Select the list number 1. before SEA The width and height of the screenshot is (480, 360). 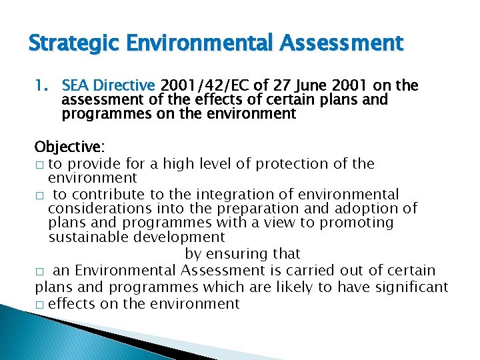pyautogui.click(x=43, y=85)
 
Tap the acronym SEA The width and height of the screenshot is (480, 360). pyautogui.click(x=76, y=85)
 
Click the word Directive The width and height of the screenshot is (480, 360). pyautogui.click(x=124, y=85)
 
